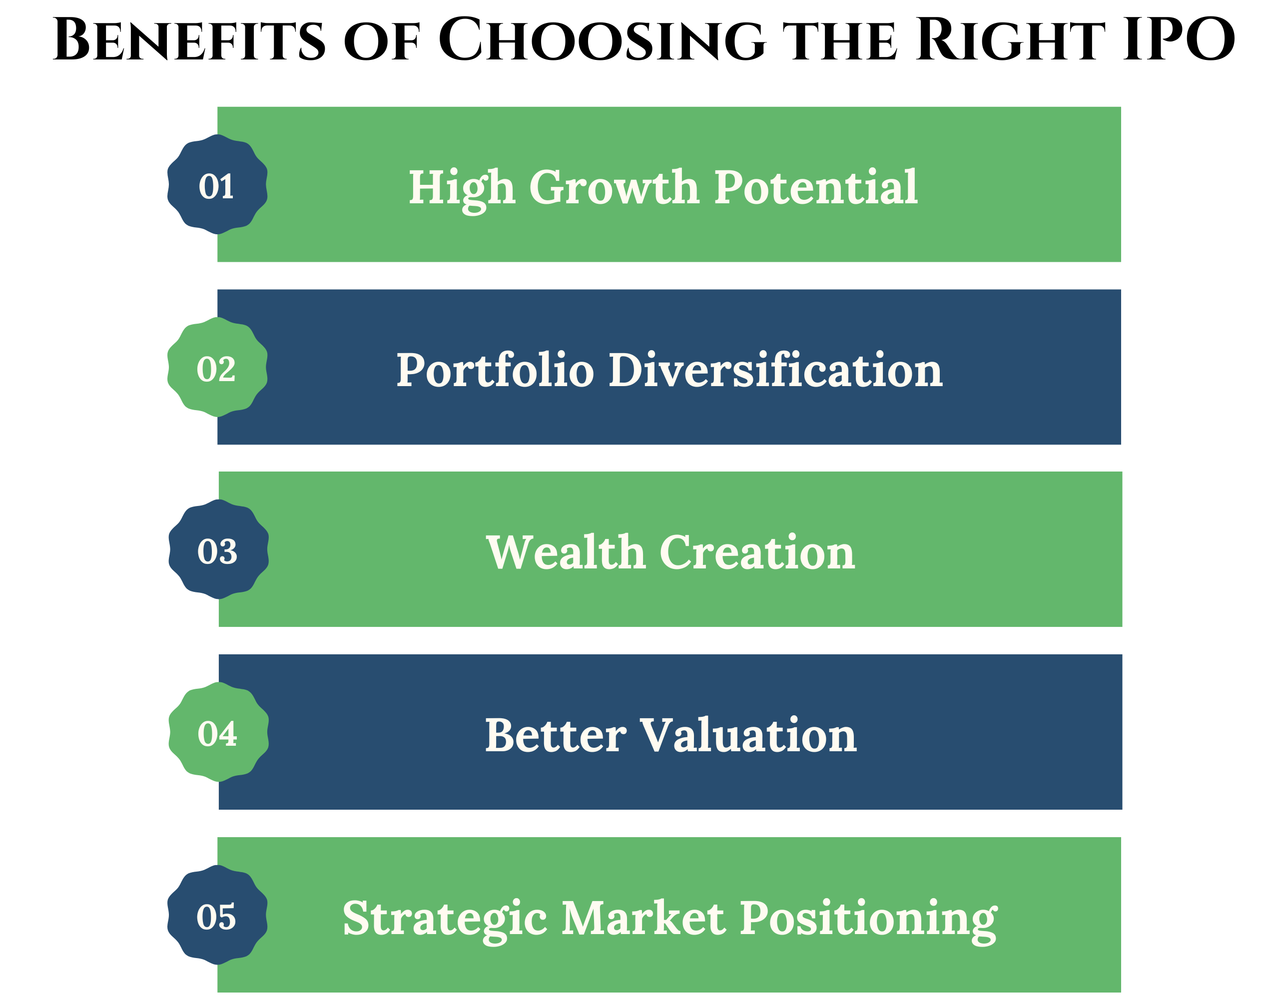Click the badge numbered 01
pos(217,184)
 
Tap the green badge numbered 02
pos(217,367)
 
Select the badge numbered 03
pos(218,549)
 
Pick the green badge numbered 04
pos(218,732)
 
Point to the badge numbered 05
pos(217,915)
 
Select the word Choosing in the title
pos(602,39)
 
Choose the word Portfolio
pos(495,370)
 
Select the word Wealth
pos(566,551)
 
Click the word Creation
pos(757,551)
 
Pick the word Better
pos(556,735)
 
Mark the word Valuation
pos(749,734)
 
